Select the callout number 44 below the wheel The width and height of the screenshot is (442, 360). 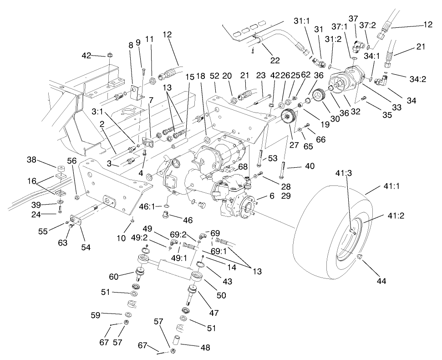coord(381,281)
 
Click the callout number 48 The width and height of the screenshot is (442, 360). coord(205,347)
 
